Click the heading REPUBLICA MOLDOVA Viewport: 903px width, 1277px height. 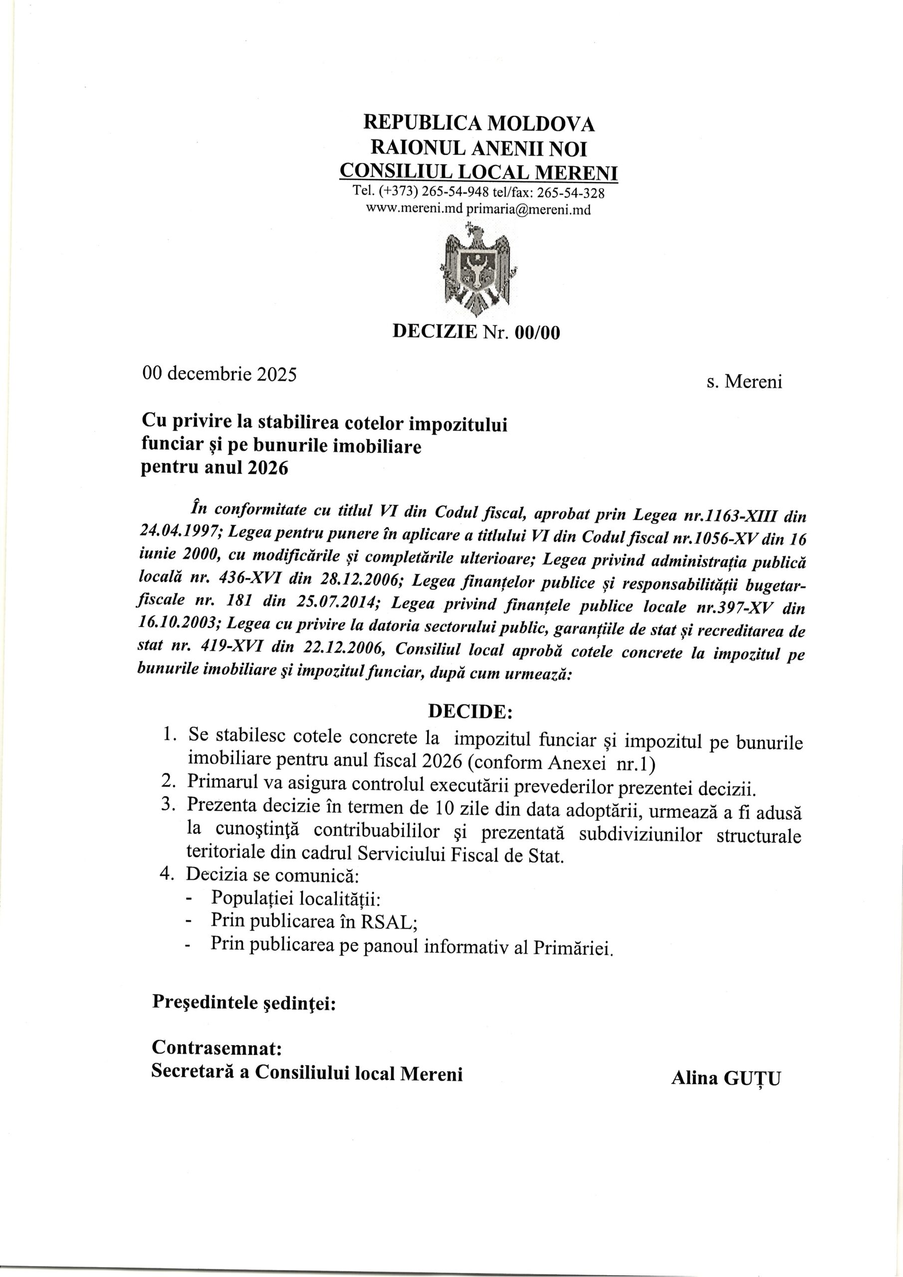[x=478, y=123]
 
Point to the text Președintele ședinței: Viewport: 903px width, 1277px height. [x=243, y=1002]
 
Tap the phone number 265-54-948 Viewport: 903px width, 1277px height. [x=455, y=193]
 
